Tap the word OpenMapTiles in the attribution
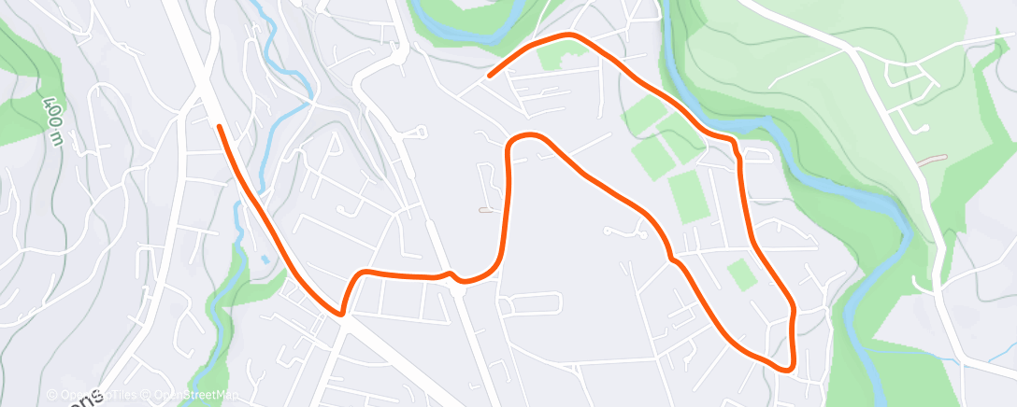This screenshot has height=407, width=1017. point(93,395)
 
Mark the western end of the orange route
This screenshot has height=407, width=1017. point(219,126)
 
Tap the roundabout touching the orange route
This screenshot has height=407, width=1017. point(457,291)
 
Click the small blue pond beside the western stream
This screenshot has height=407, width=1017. point(265,259)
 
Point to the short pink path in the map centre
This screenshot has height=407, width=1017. point(485,209)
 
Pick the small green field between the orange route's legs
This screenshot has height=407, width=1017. point(740,274)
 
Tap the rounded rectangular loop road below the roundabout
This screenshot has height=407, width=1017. point(531,303)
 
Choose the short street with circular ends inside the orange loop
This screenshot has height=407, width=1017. point(624,231)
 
